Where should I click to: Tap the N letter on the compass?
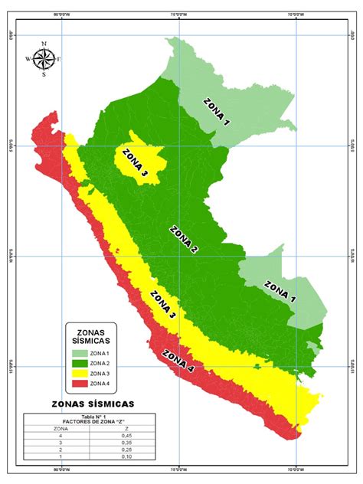pos(44,44)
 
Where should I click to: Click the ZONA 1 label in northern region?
pos(216,111)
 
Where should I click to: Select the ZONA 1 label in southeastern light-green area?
pos(281,292)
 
